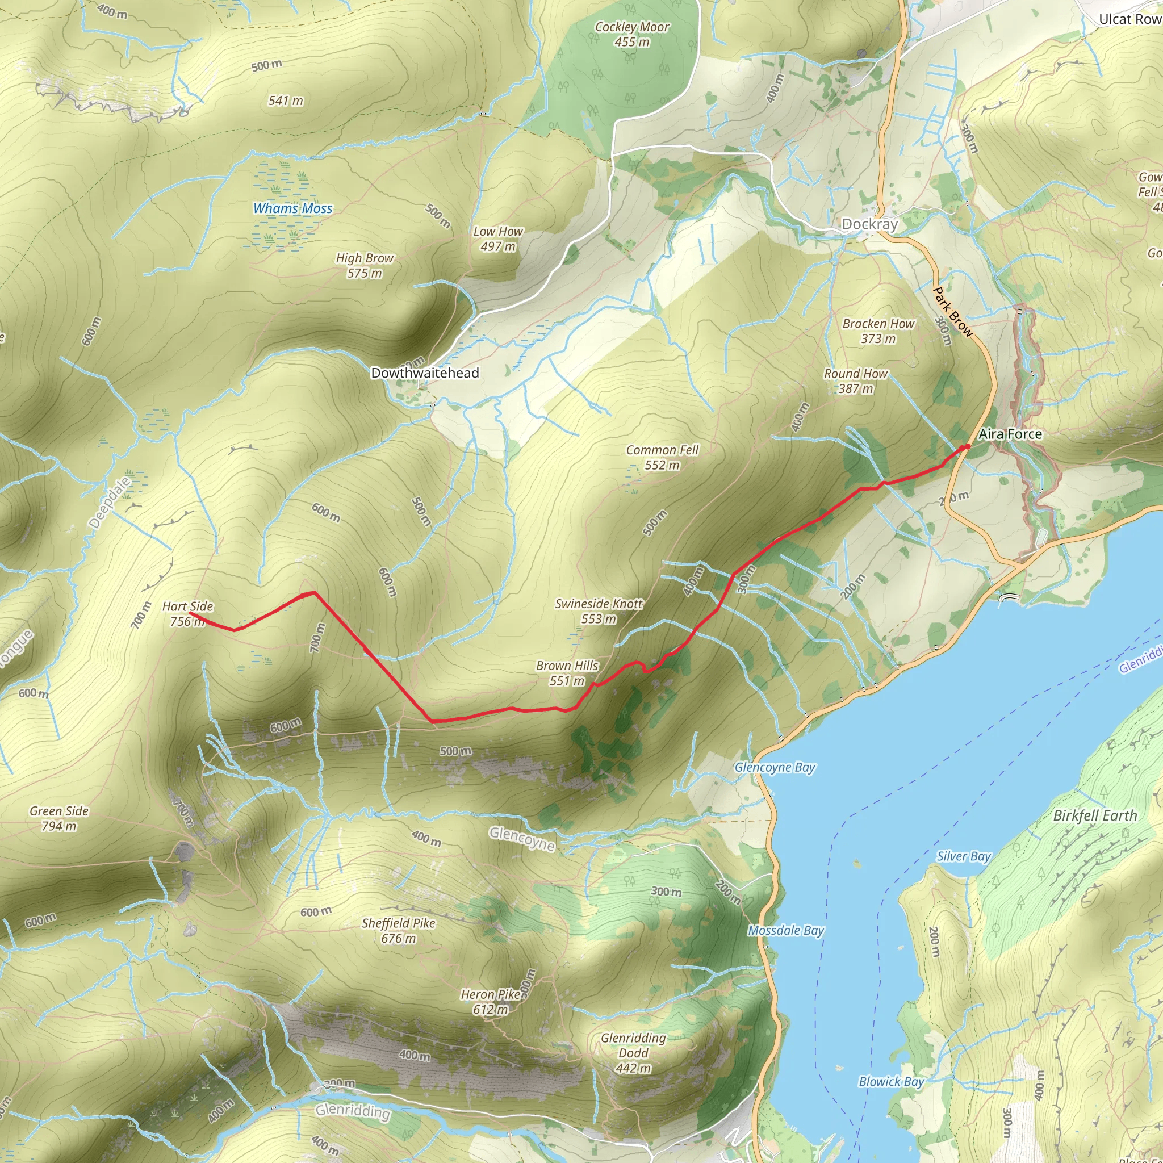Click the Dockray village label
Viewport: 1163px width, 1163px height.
coord(869,224)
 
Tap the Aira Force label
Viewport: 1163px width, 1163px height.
coord(1010,434)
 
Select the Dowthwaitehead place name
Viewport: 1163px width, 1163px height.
coord(425,373)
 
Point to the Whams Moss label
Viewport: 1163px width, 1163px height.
coord(292,208)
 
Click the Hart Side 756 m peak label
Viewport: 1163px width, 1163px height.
coord(187,613)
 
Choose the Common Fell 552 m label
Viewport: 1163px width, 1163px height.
coord(662,458)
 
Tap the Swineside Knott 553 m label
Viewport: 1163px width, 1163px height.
coord(599,611)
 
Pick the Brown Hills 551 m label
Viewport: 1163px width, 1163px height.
coord(567,673)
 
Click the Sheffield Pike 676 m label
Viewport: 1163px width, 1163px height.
coord(399,930)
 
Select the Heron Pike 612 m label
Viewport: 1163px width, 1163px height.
coord(491,1002)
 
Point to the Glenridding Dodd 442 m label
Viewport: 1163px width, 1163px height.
coord(633,1053)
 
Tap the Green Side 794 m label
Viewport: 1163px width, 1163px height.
coord(59,819)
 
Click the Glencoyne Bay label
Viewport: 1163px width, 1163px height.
coord(775,768)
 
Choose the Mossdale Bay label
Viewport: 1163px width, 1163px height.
coord(785,931)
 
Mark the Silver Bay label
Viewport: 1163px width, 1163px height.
coord(963,856)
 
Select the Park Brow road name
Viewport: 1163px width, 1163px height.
coord(952,312)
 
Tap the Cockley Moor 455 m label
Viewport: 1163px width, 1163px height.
coord(632,34)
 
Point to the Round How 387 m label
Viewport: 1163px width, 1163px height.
coord(855,381)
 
